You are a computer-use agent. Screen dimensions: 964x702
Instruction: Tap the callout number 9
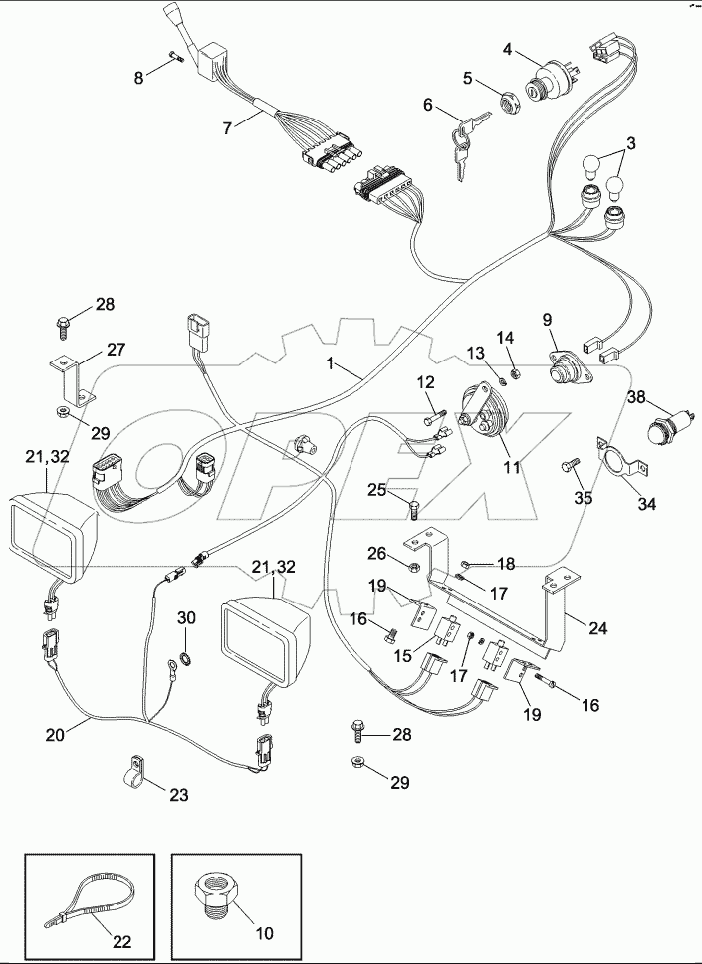pos(547,320)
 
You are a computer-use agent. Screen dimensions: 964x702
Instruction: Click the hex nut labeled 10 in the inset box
pos(221,889)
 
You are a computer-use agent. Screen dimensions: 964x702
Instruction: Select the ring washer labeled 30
pos(184,659)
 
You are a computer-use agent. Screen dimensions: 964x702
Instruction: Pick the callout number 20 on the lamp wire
pos(55,735)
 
